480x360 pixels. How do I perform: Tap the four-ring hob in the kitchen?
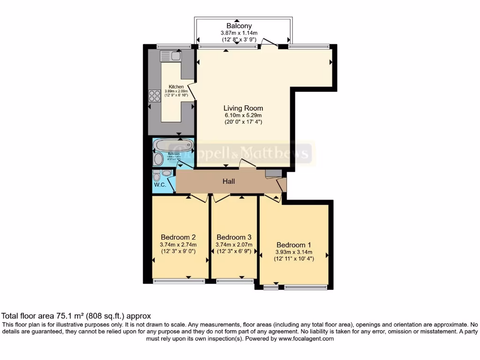click(x=155, y=96)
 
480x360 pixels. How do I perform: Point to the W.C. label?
click(x=160, y=184)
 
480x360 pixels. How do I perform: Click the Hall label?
click(x=229, y=181)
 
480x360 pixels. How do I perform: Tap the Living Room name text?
click(x=243, y=108)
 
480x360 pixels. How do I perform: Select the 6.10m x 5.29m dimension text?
click(x=243, y=115)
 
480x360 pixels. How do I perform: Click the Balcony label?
click(x=239, y=26)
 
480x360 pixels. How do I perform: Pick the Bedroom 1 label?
click(x=294, y=245)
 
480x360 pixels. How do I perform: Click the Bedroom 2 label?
click(x=178, y=237)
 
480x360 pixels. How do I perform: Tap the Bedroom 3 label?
click(x=234, y=237)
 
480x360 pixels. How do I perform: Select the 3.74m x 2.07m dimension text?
click(x=234, y=244)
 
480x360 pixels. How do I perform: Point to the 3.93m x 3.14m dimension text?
click(x=294, y=252)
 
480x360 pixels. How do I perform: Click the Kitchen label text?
click(x=176, y=87)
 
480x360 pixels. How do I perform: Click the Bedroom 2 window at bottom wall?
click(x=179, y=281)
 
